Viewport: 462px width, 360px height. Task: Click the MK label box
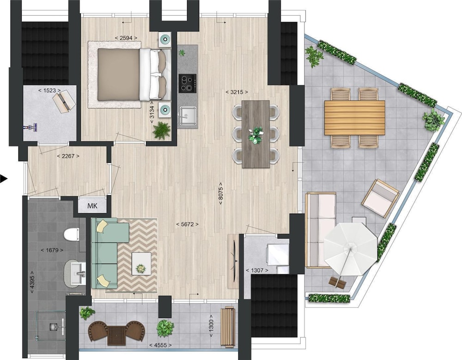92,206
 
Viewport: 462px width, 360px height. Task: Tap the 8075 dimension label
221,194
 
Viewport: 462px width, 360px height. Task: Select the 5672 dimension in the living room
188,224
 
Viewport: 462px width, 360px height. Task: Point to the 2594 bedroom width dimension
126,38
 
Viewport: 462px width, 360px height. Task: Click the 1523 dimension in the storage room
49,90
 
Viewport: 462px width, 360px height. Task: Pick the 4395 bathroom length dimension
32,282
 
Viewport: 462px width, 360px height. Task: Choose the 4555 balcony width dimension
160,345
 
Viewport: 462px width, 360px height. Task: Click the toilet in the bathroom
71,234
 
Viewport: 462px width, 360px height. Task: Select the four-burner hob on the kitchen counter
188,83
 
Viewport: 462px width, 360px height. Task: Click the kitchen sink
188,116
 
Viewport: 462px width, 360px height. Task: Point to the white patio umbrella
350,249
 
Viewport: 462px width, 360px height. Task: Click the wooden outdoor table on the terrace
355,117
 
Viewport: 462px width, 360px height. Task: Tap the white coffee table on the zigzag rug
141,264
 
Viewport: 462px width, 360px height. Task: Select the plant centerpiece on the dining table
255,135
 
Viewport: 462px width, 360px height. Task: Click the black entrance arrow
3,179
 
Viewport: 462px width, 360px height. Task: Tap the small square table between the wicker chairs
117,335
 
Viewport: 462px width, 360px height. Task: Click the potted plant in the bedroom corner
161,131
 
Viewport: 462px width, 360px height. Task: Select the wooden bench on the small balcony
228,327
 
